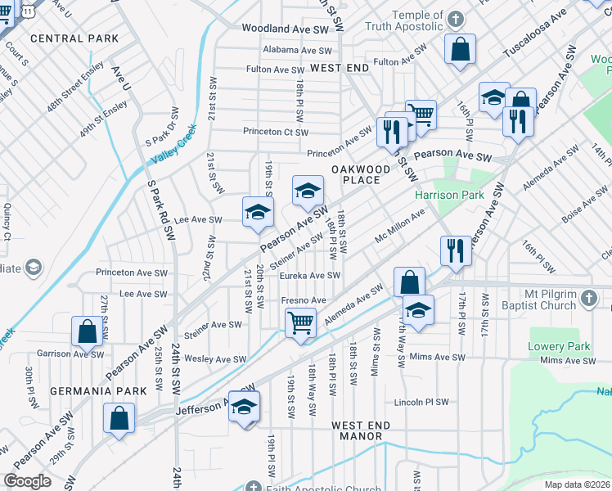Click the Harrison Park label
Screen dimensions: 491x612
click(449, 196)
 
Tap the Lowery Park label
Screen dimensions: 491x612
click(559, 346)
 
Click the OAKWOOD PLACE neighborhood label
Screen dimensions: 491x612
click(356, 173)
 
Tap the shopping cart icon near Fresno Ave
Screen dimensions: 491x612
click(301, 322)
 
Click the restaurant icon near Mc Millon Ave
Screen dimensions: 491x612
click(455, 249)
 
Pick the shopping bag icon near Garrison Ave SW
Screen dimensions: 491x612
click(87, 331)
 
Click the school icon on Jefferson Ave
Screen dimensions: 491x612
click(244, 406)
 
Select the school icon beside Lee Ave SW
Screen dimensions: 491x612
click(257, 213)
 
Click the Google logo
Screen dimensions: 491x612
click(27, 481)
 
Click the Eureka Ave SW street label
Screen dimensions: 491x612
click(309, 276)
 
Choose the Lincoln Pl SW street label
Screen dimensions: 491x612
click(421, 403)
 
